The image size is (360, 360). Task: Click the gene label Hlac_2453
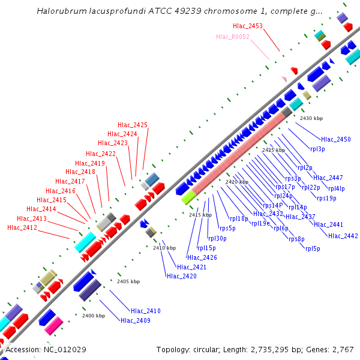click(x=248, y=26)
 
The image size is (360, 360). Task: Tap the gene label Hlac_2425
click(x=133, y=125)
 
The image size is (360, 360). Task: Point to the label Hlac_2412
click(x=22, y=227)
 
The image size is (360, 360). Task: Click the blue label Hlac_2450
click(x=336, y=139)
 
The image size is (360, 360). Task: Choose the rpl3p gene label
click(x=317, y=148)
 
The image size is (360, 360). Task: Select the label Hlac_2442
click(x=343, y=236)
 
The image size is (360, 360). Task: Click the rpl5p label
click(x=313, y=248)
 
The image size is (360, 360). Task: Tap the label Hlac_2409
click(x=136, y=320)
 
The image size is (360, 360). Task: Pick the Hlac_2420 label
click(x=182, y=276)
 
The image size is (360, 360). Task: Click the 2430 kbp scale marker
click(x=311, y=118)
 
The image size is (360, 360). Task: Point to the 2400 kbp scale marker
click(x=94, y=316)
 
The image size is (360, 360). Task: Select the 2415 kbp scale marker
click(x=200, y=215)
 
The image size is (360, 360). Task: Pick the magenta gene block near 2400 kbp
click(x=53, y=326)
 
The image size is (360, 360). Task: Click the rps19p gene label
click(x=326, y=198)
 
